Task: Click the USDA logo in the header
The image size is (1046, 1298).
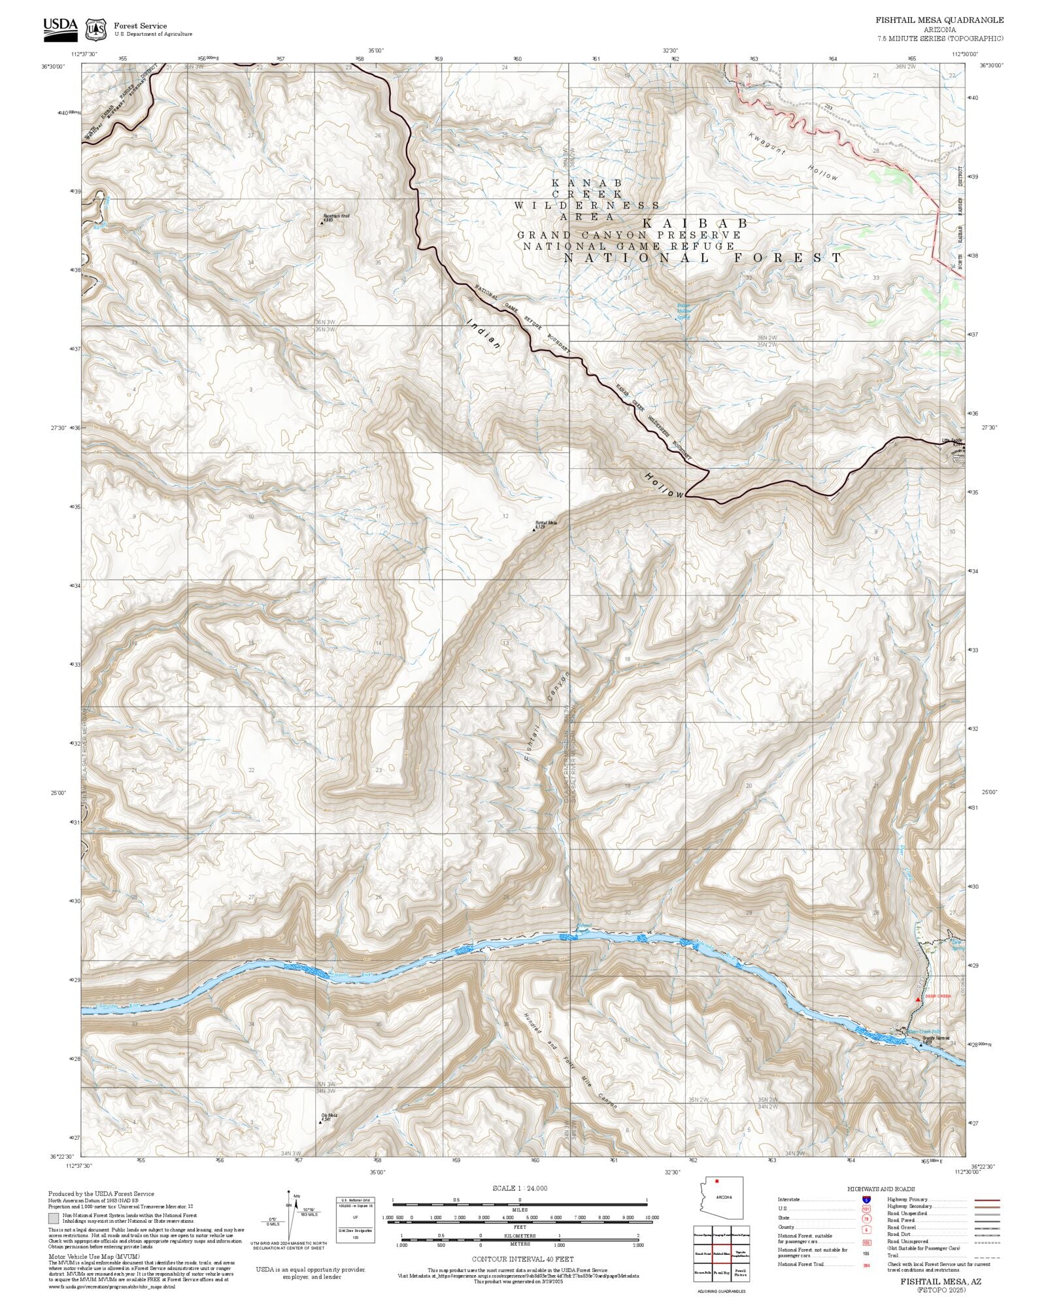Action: coord(60,28)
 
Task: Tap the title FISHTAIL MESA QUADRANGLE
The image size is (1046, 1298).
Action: coord(939,20)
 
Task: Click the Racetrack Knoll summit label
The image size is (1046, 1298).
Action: coord(335,217)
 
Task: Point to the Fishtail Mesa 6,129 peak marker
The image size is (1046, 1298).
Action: coord(533,527)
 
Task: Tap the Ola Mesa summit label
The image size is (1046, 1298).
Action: coord(328,1116)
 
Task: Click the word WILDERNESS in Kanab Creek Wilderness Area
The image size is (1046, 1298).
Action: coord(587,205)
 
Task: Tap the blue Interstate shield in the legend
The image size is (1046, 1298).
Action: coord(866,1200)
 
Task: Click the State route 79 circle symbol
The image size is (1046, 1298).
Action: coord(866,1218)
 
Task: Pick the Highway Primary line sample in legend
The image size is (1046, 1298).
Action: coord(987,1200)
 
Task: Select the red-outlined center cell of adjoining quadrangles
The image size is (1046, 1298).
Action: coord(722,1253)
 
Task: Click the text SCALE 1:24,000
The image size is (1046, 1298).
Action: coord(520,1188)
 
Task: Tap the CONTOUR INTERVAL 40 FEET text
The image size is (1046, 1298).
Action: coord(522,1258)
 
